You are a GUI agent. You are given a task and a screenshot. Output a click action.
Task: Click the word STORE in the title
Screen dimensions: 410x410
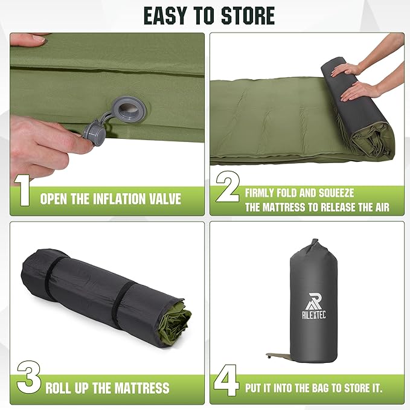click(x=248, y=16)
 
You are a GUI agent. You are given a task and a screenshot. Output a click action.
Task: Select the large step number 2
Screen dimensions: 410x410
click(x=228, y=187)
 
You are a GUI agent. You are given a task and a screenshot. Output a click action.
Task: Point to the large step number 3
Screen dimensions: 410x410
click(x=29, y=377)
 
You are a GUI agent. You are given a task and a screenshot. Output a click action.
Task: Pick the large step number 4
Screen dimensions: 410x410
click(x=226, y=380)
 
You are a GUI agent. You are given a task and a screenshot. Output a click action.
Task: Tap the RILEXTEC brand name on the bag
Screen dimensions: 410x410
click(x=314, y=315)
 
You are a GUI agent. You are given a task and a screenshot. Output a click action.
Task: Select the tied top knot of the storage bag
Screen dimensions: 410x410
click(x=315, y=245)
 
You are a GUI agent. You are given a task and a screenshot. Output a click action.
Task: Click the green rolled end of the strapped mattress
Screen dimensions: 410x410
click(x=175, y=326)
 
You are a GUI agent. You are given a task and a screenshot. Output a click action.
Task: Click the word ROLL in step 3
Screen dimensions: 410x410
click(x=59, y=388)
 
